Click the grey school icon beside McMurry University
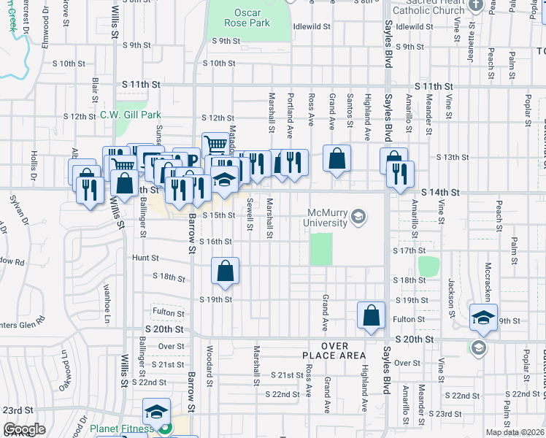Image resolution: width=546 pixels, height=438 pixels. [358, 216]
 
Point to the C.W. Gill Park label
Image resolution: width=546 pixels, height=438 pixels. [130, 115]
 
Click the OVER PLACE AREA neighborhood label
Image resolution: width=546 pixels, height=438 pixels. [333, 350]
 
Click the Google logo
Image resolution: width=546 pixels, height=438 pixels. [24, 429]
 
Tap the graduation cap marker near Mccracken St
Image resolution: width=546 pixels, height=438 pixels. [483, 317]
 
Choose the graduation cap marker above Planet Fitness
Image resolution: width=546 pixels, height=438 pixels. [156, 411]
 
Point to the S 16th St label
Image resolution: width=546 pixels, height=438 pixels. [215, 242]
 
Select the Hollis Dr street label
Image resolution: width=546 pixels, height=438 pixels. [34, 166]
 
